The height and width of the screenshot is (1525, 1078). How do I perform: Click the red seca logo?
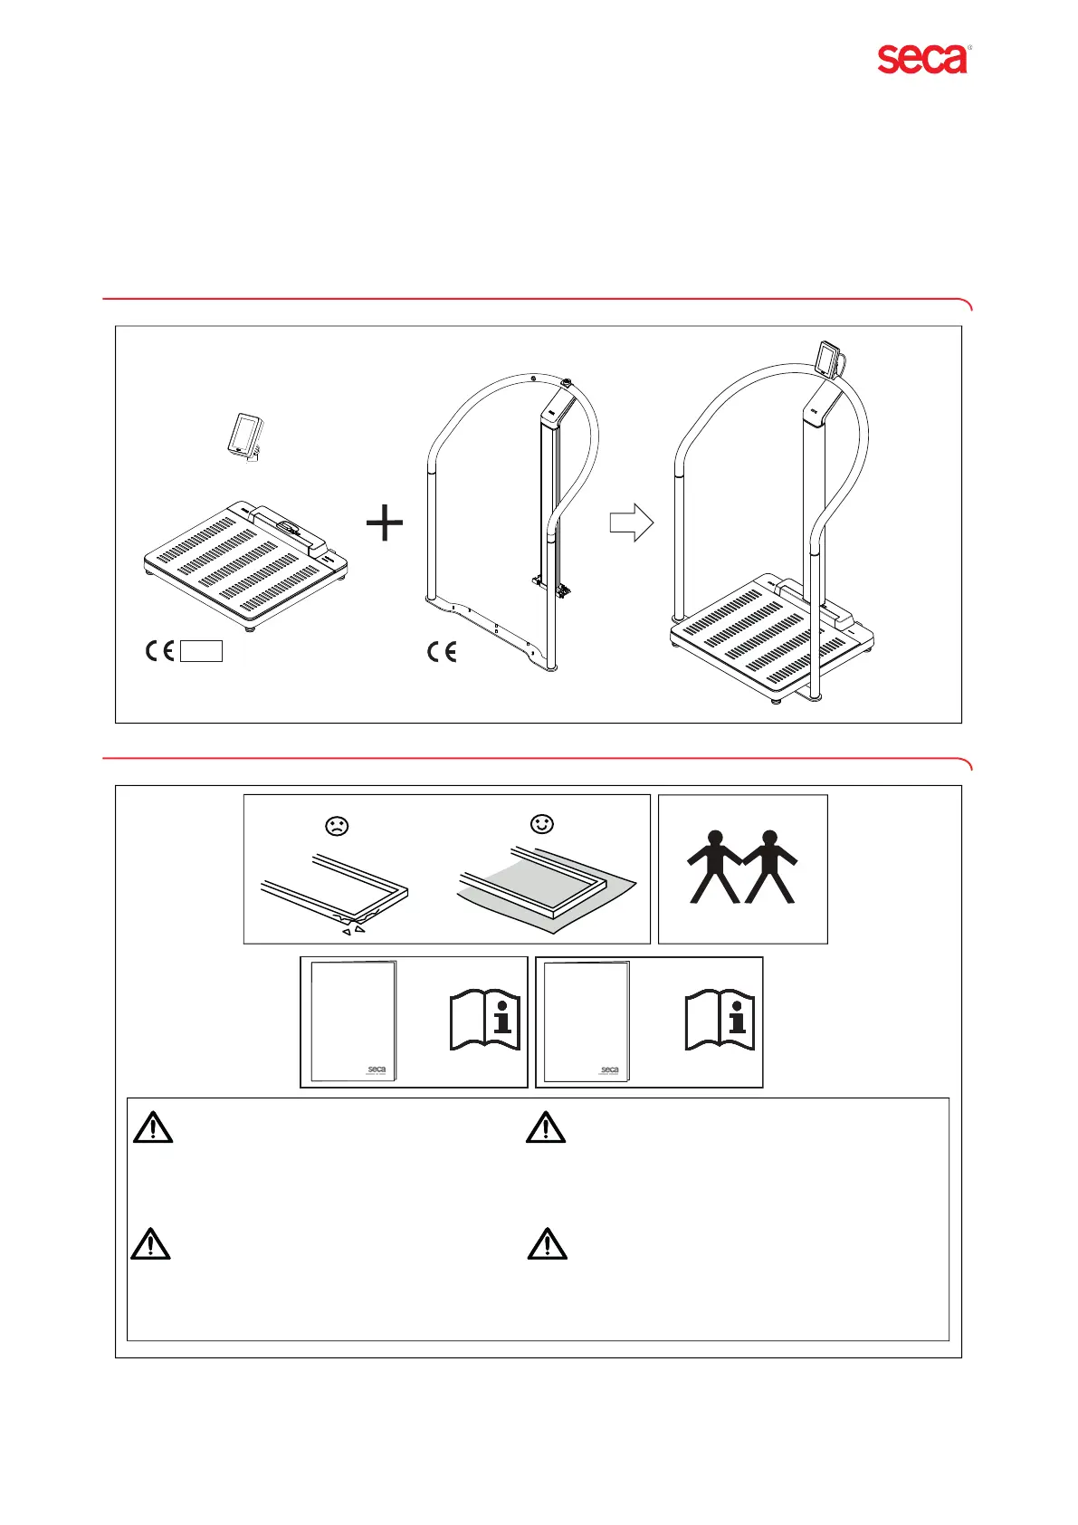(x=922, y=59)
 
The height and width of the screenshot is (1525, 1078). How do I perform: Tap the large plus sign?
(x=385, y=523)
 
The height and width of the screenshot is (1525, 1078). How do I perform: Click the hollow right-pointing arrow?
(x=632, y=523)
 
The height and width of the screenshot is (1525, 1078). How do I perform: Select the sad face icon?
(x=338, y=826)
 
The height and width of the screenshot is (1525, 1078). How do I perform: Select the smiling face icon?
(x=542, y=824)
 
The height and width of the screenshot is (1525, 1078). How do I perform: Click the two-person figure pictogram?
(x=742, y=868)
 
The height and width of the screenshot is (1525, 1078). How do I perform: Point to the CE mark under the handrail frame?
(x=442, y=651)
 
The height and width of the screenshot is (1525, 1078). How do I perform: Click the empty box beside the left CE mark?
(x=201, y=651)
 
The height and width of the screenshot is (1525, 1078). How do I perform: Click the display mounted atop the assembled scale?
(x=828, y=359)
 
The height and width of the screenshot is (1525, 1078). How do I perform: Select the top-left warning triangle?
(x=153, y=1128)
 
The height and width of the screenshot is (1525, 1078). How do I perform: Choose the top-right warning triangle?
(x=546, y=1128)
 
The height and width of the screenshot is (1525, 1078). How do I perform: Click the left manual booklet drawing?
(x=353, y=1021)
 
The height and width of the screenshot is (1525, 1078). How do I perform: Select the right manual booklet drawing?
(x=587, y=1021)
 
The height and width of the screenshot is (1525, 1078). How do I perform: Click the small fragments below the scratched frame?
(x=354, y=929)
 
